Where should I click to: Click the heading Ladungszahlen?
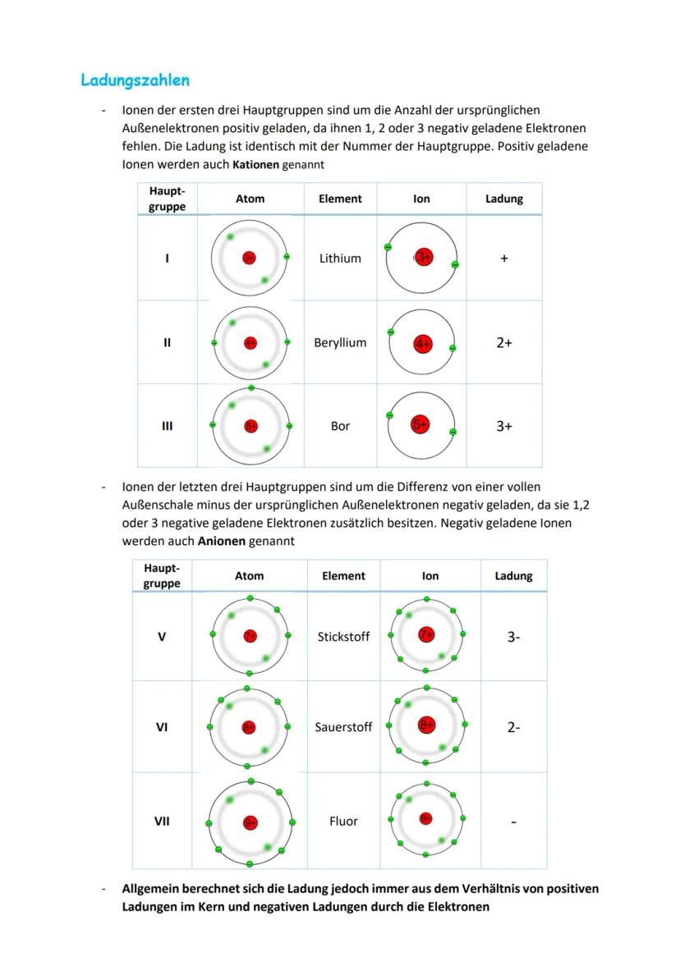pyautogui.click(x=136, y=80)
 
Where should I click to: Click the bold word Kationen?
pyautogui.click(x=256, y=164)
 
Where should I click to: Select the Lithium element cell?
pyautogui.click(x=340, y=258)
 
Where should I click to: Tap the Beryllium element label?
pyautogui.click(x=340, y=342)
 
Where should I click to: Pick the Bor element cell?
pyautogui.click(x=340, y=426)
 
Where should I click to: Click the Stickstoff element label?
pyautogui.click(x=343, y=636)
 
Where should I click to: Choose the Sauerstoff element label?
pyautogui.click(x=343, y=726)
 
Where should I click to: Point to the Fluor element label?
pyautogui.click(x=343, y=821)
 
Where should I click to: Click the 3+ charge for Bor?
pyautogui.click(x=504, y=426)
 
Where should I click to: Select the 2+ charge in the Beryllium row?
pyautogui.click(x=504, y=342)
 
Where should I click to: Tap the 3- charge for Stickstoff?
pyautogui.click(x=513, y=636)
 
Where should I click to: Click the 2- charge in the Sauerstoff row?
pyautogui.click(x=513, y=726)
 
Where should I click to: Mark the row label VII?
pyautogui.click(x=162, y=821)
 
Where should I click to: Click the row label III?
pyautogui.click(x=167, y=426)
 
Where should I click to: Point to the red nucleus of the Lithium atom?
pyautogui.click(x=250, y=258)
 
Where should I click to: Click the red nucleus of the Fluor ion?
pyautogui.click(x=425, y=818)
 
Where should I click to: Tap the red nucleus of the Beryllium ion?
pyautogui.click(x=423, y=344)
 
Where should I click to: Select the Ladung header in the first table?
pyautogui.click(x=504, y=199)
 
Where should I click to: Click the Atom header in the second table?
pyautogui.click(x=250, y=576)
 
